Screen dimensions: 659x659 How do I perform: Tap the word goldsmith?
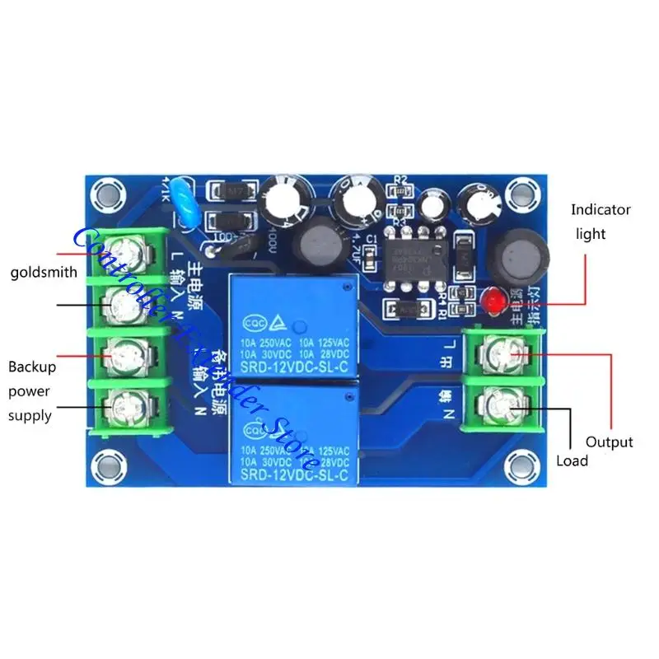pos(43,272)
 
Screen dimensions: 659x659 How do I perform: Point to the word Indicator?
pos(601,210)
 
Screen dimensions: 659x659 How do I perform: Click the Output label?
pos(610,442)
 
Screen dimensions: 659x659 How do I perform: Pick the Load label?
pos(573,460)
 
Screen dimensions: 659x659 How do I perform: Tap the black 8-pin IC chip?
pos(409,252)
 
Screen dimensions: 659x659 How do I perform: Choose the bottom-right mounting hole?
pos(517,464)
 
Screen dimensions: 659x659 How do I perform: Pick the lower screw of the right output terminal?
pos(502,404)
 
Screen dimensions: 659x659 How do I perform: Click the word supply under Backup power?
pos(30,415)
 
